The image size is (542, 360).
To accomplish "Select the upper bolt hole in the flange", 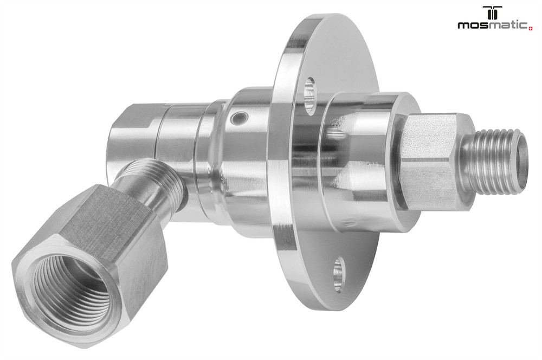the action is point(309,95).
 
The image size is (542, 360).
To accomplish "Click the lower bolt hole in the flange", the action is point(339,274).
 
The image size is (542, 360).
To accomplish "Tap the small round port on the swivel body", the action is point(239,118).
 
